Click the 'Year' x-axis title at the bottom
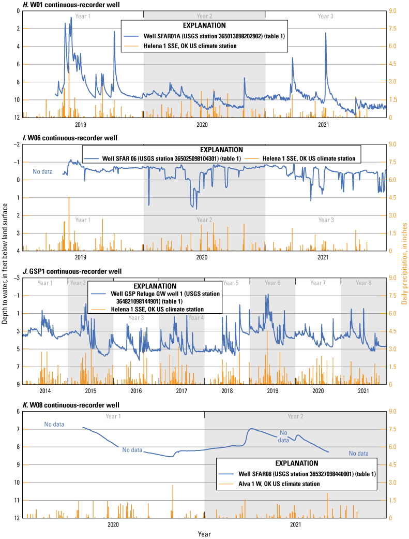point(204,533)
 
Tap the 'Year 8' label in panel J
point(363,283)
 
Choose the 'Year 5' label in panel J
point(230,283)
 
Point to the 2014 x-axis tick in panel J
point(45,390)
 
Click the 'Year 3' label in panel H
point(325,17)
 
